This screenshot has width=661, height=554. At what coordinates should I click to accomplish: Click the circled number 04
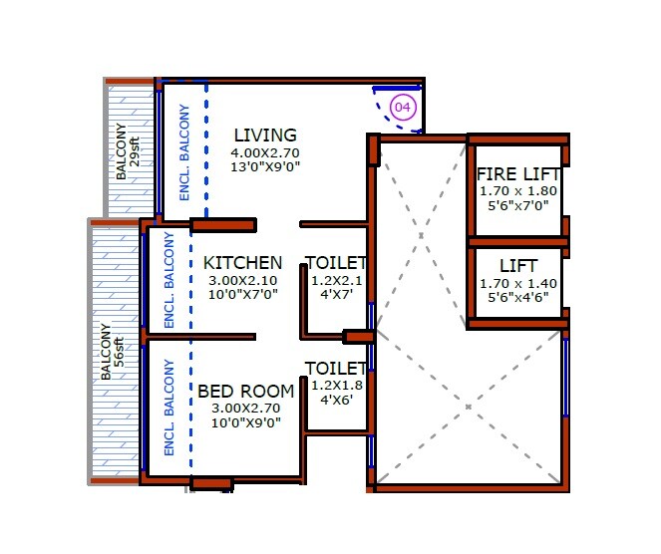403,108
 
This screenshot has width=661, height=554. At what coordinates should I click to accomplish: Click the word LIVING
265,136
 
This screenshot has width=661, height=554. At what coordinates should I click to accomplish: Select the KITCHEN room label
242,263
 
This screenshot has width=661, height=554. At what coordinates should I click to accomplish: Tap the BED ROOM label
245,391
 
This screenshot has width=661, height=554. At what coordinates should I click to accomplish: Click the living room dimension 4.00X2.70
265,153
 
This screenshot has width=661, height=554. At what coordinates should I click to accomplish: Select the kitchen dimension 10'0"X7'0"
242,294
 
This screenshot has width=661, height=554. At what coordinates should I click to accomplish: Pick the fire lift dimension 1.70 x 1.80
517,190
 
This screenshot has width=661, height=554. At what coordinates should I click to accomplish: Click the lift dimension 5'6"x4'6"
517,298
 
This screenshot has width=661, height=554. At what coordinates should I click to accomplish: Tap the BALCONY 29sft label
128,151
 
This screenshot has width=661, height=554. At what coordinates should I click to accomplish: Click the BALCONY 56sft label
112,353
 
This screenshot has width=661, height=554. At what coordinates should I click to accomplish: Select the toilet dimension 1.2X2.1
336,281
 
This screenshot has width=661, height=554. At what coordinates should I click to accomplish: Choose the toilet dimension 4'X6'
336,399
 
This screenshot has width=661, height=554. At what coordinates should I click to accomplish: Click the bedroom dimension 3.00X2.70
245,408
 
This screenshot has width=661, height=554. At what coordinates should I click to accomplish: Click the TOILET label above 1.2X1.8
336,368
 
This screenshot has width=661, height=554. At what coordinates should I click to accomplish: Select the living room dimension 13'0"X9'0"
265,167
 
